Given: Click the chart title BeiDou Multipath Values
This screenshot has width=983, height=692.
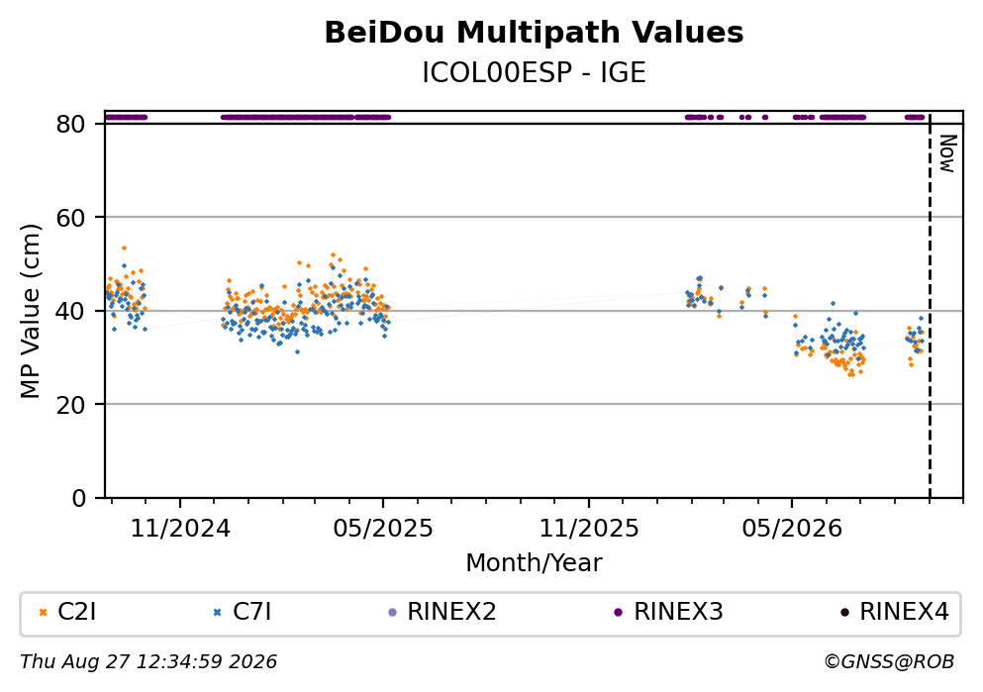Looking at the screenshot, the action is tap(534, 33).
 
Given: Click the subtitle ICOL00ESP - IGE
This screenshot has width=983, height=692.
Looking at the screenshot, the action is tap(534, 72).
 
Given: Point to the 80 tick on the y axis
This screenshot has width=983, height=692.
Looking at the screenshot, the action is tap(70, 124).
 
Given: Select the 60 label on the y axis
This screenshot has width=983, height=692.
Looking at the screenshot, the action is tap(70, 218).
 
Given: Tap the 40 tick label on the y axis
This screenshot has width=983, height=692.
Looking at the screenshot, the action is tap(70, 311).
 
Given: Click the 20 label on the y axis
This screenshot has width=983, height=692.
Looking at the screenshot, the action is tap(70, 404).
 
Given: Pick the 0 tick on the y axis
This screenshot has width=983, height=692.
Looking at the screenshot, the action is tap(78, 498).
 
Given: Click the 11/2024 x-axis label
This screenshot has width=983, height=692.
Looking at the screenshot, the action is tap(180, 529).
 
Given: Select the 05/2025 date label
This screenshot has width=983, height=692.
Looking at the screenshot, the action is tap(382, 529).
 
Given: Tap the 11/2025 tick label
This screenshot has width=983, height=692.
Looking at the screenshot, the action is tap(589, 529).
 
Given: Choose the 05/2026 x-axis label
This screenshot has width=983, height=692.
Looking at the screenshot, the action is tap(791, 529).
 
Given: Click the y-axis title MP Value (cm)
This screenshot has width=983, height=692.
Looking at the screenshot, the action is tap(30, 311).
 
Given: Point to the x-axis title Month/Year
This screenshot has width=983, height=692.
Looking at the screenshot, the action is tap(534, 563).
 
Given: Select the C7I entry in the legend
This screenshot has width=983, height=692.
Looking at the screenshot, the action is tap(243, 612).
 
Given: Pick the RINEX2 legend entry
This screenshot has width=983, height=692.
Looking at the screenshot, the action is tap(442, 612).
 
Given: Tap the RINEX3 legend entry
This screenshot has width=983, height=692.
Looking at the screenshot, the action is tap(669, 612).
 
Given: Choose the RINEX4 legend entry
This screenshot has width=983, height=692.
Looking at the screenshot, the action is tap(895, 612).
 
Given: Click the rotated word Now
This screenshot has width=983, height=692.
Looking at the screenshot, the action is tap(948, 153).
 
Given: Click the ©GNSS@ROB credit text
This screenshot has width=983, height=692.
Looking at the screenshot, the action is tap(890, 662).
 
